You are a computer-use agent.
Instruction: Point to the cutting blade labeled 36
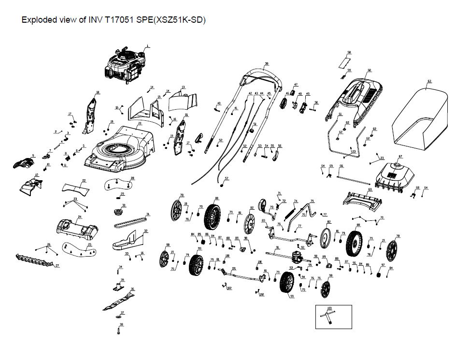(x=118, y=300)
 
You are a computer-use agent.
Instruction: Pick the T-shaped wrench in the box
(x=330, y=317)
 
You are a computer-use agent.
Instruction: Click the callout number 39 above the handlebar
(x=267, y=64)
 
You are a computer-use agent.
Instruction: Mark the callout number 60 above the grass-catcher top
(x=370, y=71)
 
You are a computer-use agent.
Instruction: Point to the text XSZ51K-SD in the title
(x=179, y=20)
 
